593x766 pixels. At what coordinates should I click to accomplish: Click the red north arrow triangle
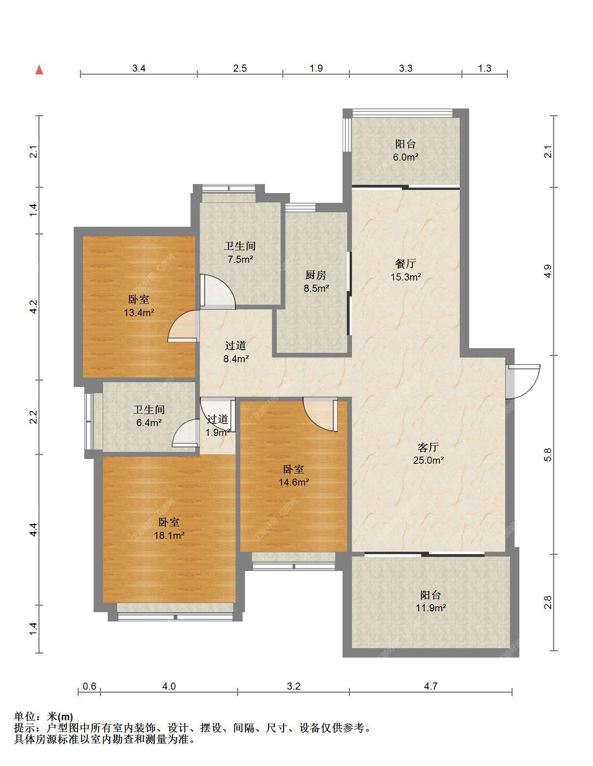[39, 70]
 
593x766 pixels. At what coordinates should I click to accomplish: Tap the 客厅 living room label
[428, 447]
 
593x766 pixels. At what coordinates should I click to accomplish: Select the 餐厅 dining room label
[405, 264]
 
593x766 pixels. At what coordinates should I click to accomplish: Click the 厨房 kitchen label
[316, 275]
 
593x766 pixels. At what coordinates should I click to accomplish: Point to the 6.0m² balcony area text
[406, 157]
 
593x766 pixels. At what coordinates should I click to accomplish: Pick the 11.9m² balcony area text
[431, 608]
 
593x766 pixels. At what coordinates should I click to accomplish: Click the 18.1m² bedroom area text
[169, 535]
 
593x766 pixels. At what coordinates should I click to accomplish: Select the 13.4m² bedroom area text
[139, 313]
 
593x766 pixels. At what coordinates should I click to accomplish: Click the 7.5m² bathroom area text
[240, 259]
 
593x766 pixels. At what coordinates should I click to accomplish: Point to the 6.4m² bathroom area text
[149, 423]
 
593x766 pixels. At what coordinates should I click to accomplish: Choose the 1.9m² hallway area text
[218, 433]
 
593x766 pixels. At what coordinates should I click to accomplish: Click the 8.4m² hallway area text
[236, 359]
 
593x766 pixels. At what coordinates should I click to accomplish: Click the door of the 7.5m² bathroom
[218, 292]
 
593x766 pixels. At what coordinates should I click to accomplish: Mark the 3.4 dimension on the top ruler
[139, 69]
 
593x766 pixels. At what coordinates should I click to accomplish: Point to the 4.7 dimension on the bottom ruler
[431, 687]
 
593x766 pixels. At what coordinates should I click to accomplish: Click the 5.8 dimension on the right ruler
[548, 455]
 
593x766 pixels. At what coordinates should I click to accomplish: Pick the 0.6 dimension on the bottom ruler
[89, 687]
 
